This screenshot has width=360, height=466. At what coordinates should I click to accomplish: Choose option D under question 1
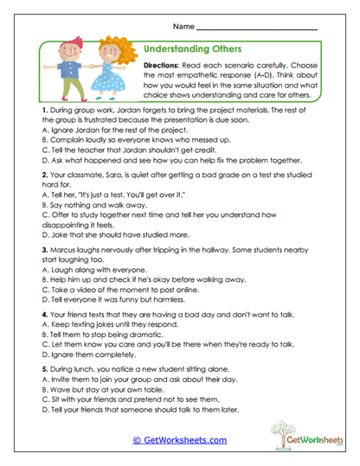(156, 161)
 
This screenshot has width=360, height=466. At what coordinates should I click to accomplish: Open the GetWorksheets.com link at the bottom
(179, 440)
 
